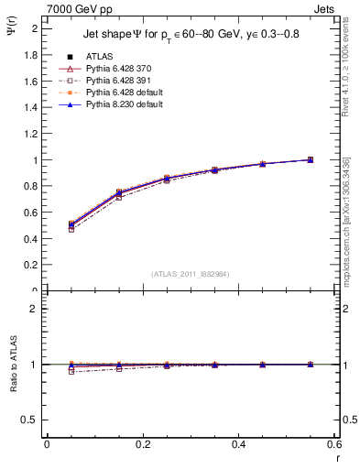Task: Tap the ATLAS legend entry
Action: (x=99, y=57)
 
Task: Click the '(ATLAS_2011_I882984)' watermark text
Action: (x=191, y=273)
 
